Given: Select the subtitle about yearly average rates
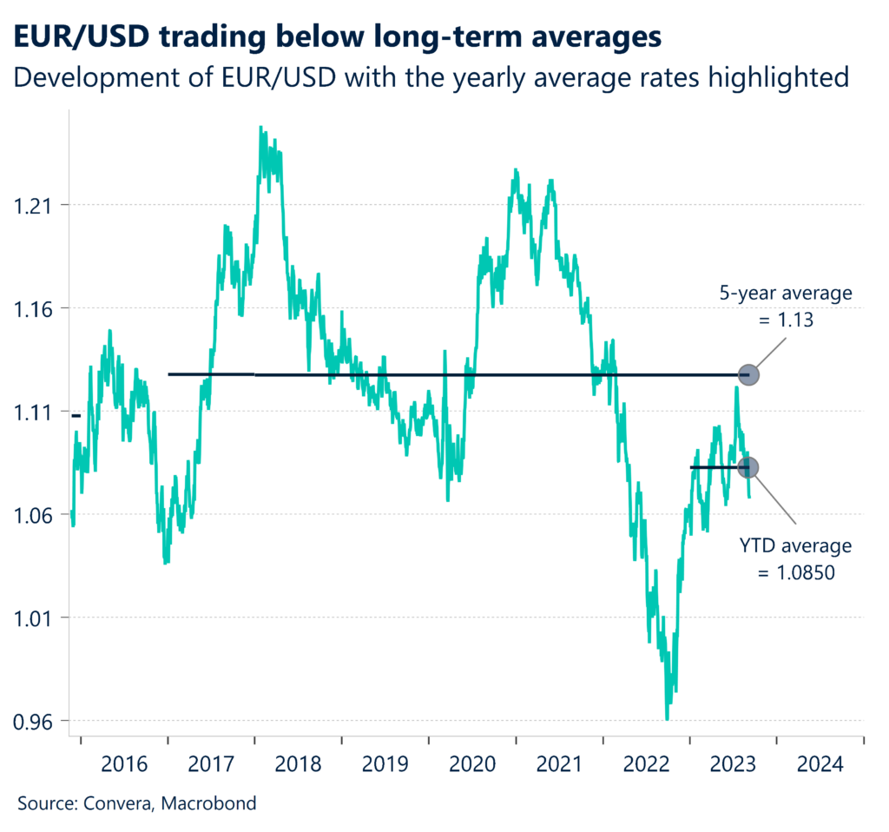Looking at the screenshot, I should point(431,77).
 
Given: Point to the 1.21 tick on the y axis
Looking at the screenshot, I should point(32,206).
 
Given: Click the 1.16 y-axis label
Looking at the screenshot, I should point(32,309).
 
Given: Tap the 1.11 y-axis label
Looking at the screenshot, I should point(32,412).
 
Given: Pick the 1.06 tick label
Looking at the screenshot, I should point(32,515).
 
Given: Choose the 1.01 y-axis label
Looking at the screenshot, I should point(32,618).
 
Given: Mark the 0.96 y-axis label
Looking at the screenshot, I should point(32,722).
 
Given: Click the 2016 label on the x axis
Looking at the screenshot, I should point(124,764).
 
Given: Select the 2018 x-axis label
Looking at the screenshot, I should point(298,764).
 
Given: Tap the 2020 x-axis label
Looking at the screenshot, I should point(472,764).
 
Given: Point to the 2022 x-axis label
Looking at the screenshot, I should point(646,764).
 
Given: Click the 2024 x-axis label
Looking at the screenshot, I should point(820,764).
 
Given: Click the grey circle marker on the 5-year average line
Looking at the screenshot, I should point(748,375).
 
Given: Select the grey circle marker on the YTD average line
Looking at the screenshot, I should point(748,467).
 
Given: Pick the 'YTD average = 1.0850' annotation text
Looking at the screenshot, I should point(796,559).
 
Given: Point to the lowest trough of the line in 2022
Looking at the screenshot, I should point(667,718).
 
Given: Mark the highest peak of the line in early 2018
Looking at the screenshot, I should point(261,128).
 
